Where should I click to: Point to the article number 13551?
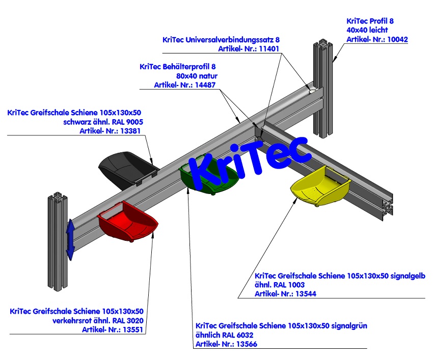[x=133, y=329]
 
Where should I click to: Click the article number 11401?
[x=268, y=48]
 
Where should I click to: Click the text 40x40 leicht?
[x=367, y=30]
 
